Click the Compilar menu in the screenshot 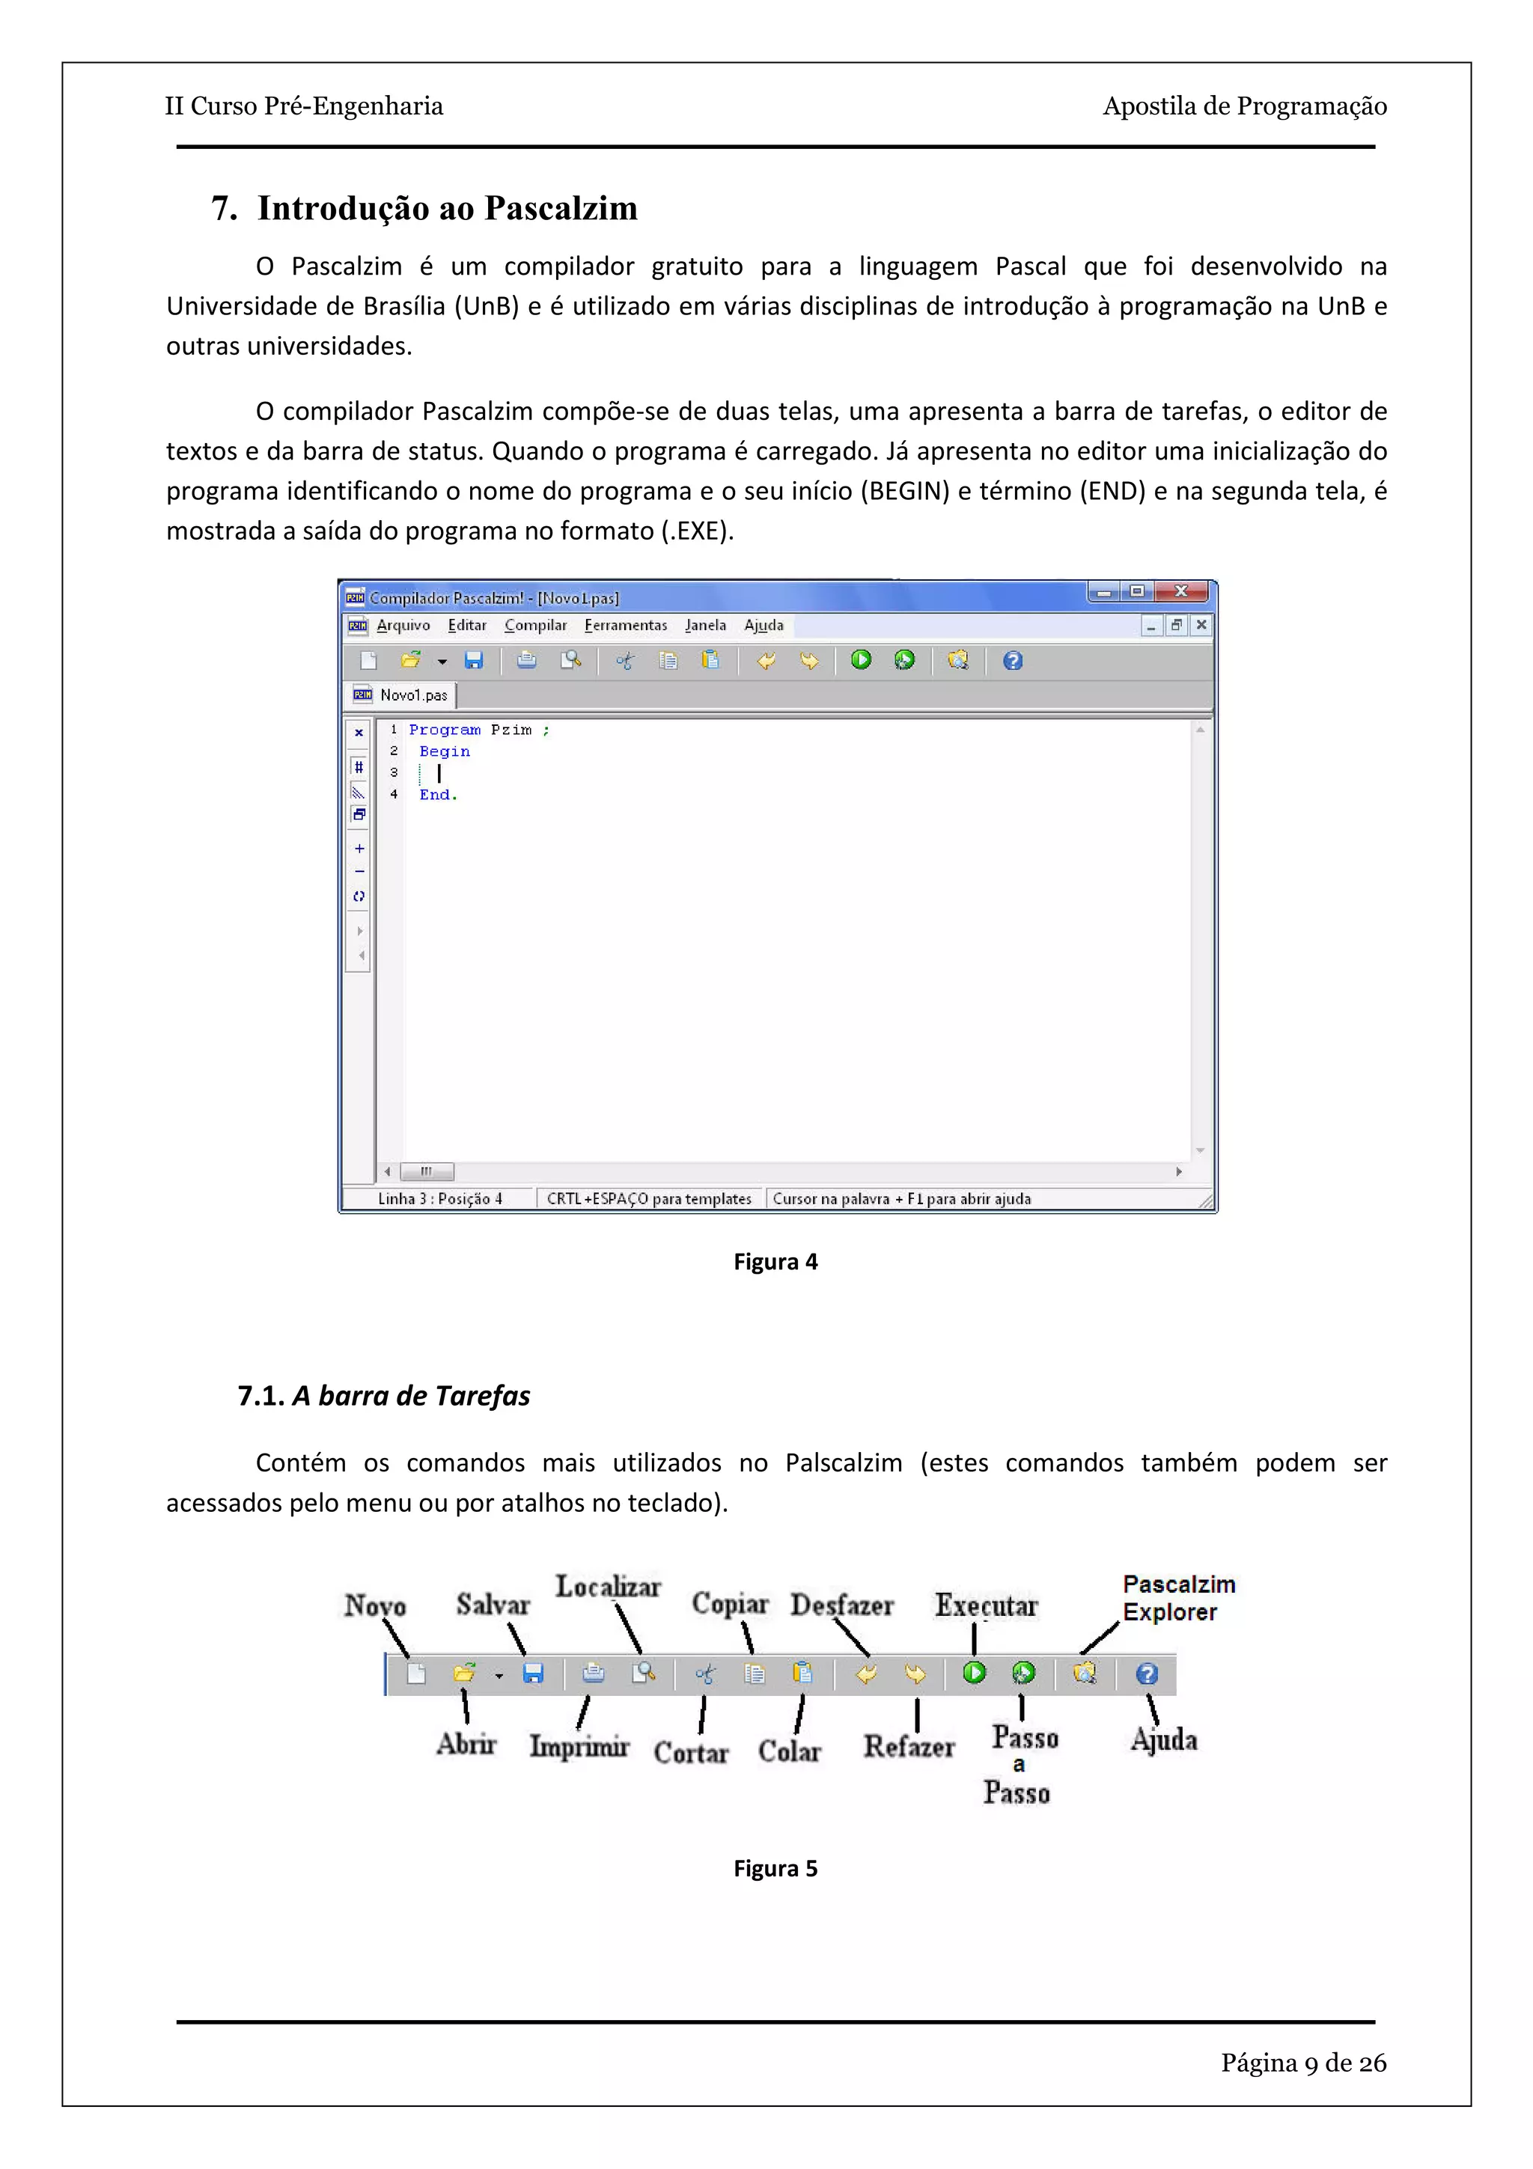[x=534, y=626]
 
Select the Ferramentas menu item [x=625, y=626]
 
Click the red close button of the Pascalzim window [x=1183, y=591]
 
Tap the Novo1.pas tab [x=412, y=695]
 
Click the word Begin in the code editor [x=444, y=752]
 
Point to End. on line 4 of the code [x=437, y=796]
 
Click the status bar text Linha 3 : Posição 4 [x=439, y=1199]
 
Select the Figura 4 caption [x=775, y=1262]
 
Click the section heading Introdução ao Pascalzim [x=447, y=209]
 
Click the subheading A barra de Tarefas [x=410, y=1397]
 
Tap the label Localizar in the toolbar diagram [x=607, y=1587]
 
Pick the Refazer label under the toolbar [x=908, y=1747]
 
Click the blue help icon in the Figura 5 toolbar [x=1146, y=1674]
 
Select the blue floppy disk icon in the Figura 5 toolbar [x=533, y=1674]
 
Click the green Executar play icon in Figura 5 [x=974, y=1673]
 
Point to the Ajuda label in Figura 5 [x=1164, y=1740]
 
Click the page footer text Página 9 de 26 [x=1302, y=2063]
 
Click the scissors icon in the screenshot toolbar [x=624, y=662]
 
